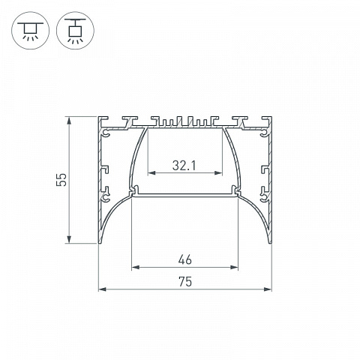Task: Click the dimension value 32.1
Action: click(x=184, y=166)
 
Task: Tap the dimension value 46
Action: click(x=185, y=259)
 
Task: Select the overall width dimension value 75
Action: click(x=185, y=281)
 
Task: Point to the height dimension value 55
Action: click(x=61, y=179)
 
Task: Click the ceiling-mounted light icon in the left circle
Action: click(x=30, y=31)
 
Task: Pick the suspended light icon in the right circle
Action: click(x=75, y=30)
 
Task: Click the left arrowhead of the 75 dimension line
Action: click(x=102, y=289)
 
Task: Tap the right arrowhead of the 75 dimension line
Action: click(x=268, y=289)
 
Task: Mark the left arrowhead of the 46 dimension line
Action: click(x=135, y=268)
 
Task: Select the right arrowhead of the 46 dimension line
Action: click(x=234, y=268)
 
